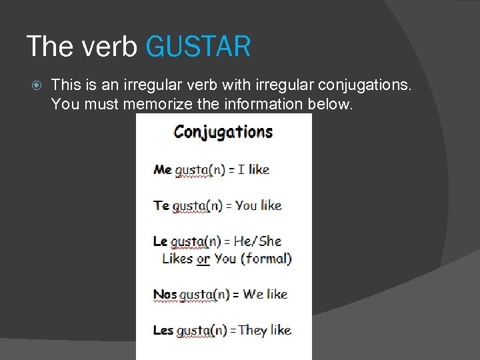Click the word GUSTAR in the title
198,47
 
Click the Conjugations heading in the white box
223,132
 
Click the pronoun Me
163,169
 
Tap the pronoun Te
162,205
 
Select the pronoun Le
161,241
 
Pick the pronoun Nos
165,294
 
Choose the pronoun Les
163,330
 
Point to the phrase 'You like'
259,205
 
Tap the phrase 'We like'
265,294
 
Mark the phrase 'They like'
265,330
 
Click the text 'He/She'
257,241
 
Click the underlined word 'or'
203,259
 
